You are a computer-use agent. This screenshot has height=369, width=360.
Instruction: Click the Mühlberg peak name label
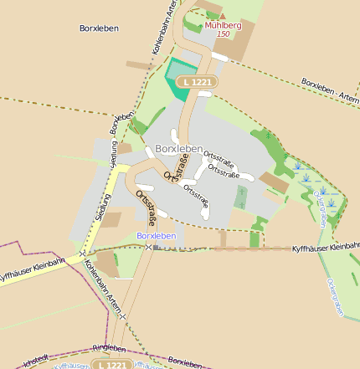tap(223, 25)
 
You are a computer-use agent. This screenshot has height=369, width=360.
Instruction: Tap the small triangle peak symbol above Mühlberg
tap(223, 16)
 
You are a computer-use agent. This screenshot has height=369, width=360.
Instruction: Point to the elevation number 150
tap(223, 34)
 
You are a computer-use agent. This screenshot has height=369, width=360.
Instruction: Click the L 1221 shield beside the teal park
tap(201, 82)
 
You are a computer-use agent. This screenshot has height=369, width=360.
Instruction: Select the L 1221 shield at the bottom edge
tap(111, 365)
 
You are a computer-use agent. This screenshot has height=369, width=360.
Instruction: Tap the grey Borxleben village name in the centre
tap(179, 148)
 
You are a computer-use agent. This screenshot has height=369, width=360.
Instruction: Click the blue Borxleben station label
tap(157, 236)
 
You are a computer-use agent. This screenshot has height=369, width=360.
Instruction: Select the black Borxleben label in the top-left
tap(99, 28)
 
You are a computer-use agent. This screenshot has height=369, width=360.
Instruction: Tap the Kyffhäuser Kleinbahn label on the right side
tap(326, 249)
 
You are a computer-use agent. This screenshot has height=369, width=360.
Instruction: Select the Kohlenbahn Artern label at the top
tap(165, 28)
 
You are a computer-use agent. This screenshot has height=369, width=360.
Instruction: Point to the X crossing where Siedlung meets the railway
tap(83, 253)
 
